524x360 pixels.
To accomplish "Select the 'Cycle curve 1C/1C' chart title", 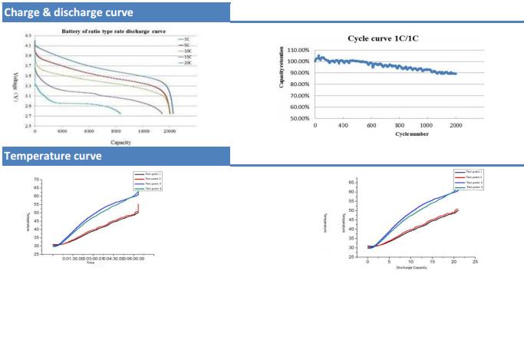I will tap(388, 38).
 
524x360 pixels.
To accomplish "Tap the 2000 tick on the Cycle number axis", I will tap(456, 125).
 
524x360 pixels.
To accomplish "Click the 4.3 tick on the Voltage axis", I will tap(28, 37).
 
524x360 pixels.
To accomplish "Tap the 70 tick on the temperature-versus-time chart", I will tap(38, 180).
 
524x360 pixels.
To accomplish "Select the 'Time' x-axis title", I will tap(90, 263).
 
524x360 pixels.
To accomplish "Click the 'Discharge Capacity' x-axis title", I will tap(412, 267).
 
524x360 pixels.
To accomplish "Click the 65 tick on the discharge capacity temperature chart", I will tap(354, 182).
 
